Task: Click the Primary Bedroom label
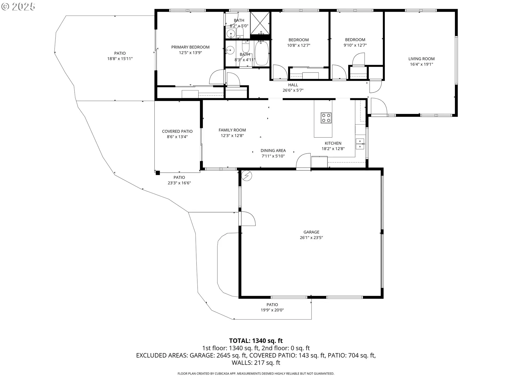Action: click(190, 47)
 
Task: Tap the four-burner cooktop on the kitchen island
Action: click(326, 118)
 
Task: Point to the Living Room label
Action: click(421, 59)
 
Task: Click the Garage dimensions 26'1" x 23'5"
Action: click(311, 238)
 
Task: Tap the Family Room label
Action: click(232, 130)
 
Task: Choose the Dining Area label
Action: click(273, 151)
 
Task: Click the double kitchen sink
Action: click(360, 144)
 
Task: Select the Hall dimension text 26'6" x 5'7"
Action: click(293, 90)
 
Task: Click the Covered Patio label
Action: click(177, 131)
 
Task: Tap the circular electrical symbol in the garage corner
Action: click(247, 176)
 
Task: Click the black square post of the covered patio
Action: click(158, 173)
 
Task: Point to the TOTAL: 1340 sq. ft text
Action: click(256, 341)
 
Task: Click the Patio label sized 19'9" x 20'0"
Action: click(272, 305)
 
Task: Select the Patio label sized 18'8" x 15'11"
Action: click(120, 53)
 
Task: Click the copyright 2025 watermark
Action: click(18, 7)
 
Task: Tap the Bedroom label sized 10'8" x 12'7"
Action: click(299, 40)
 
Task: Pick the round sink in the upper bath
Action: click(231, 34)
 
